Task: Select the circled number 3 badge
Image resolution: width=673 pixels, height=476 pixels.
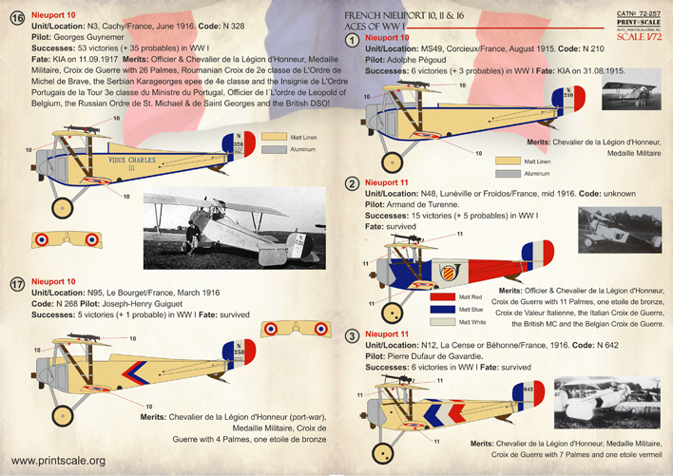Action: click(353, 335)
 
